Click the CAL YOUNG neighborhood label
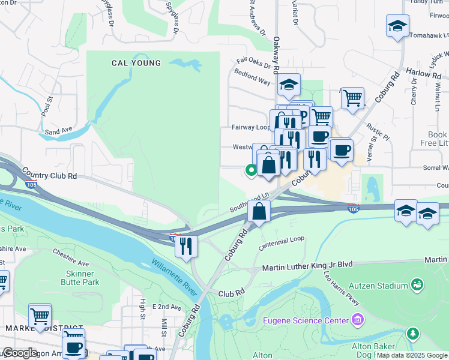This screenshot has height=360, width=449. click(136, 63)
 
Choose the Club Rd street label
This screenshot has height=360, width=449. click(232, 293)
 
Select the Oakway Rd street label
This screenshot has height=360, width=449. click(276, 55)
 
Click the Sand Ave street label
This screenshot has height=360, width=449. click(58, 130)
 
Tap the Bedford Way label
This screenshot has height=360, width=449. click(252, 79)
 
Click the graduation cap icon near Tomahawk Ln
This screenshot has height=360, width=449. click(397, 26)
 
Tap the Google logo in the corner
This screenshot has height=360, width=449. click(19, 353)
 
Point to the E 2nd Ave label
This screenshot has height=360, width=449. click(166, 307)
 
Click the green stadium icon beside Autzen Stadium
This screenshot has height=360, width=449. click(418, 282)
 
